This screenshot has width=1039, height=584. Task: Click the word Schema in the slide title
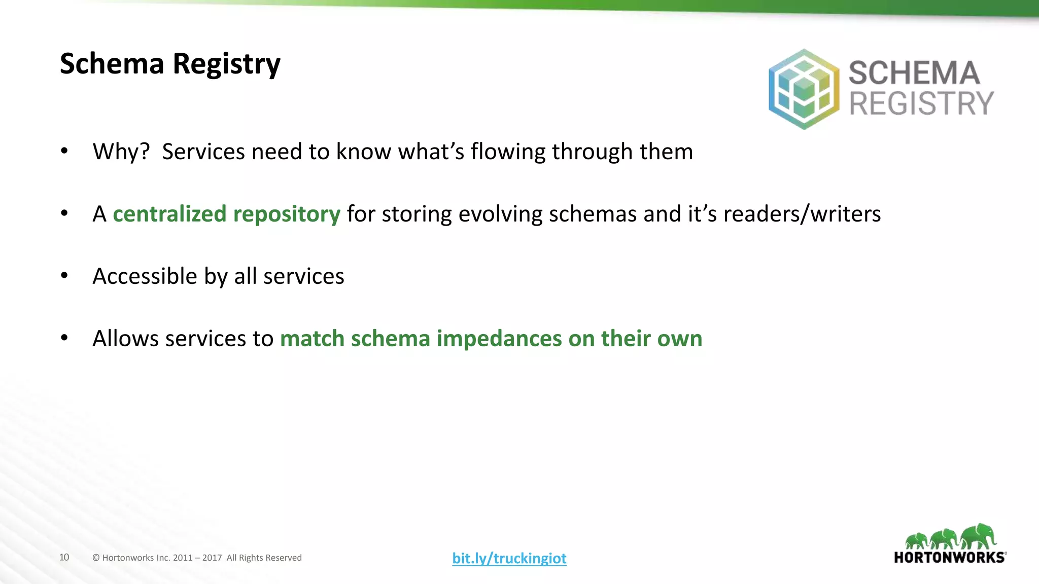tap(112, 64)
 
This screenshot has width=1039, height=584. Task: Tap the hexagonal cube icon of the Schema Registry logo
tap(804, 89)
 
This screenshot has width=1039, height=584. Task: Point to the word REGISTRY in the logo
tap(921, 104)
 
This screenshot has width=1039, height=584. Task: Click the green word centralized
tap(169, 214)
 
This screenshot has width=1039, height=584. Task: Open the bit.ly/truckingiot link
tap(509, 558)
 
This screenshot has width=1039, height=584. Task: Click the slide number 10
tap(64, 557)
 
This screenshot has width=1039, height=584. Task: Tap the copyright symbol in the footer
tap(96, 558)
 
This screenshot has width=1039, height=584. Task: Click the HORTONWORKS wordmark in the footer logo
tap(950, 558)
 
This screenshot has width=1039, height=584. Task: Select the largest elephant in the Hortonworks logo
tap(979, 536)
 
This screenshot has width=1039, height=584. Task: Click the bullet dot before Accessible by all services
tap(64, 276)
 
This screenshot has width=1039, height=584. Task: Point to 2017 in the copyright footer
tap(212, 558)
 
